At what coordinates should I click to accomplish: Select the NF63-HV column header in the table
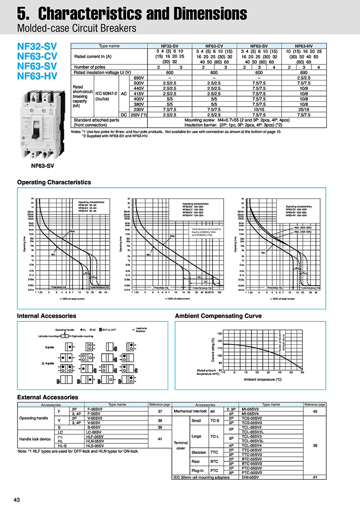coord(304,46)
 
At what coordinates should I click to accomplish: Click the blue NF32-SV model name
coord(37,46)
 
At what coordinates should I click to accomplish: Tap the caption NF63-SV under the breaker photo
coord(43,165)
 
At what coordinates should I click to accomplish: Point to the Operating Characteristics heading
coord(54,182)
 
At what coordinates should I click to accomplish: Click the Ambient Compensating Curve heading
coord(218,316)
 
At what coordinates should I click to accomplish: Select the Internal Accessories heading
coord(46,316)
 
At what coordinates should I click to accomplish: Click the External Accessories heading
coord(47,397)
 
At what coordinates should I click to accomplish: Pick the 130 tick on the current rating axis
coord(220,334)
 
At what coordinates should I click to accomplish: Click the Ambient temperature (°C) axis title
coord(262,380)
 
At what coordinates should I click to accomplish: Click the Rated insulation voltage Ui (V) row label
coord(102,72)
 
